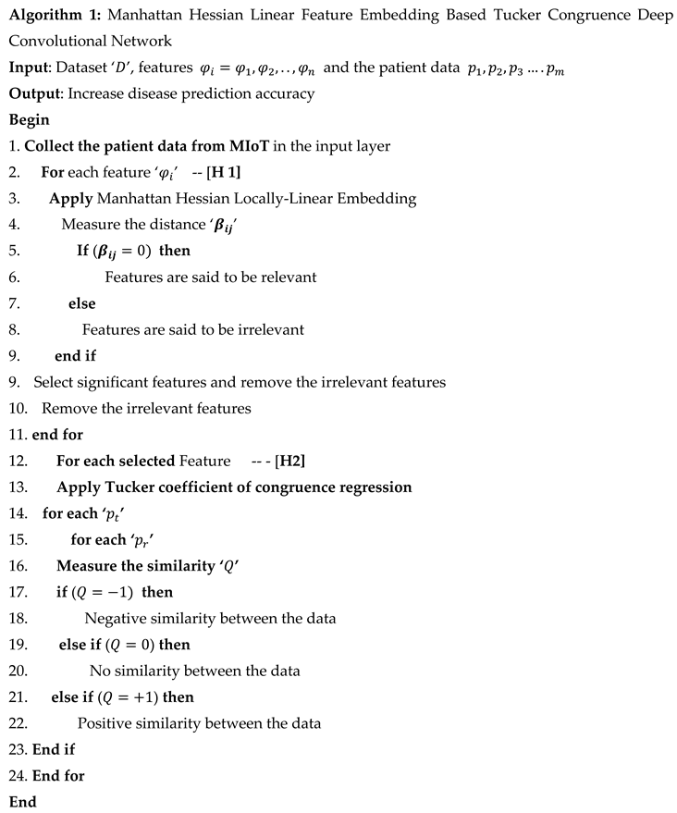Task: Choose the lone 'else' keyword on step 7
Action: tap(81, 303)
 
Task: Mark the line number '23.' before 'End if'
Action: tap(18, 749)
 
